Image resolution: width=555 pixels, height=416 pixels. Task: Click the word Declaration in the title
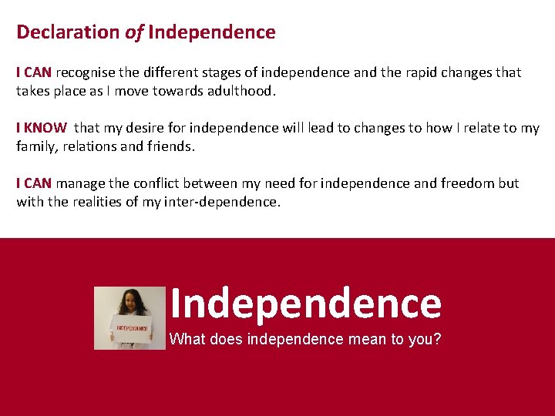(69, 32)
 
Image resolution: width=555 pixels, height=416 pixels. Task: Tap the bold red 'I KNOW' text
(42, 128)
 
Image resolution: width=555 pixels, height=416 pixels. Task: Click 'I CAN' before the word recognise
(34, 72)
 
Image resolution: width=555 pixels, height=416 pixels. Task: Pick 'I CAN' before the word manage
(34, 183)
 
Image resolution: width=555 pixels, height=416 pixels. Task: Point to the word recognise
(85, 72)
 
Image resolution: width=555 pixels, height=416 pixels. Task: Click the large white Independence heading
(305, 304)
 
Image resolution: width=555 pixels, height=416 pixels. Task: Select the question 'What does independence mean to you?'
(305, 338)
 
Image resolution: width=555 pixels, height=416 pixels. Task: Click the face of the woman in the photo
(132, 301)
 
